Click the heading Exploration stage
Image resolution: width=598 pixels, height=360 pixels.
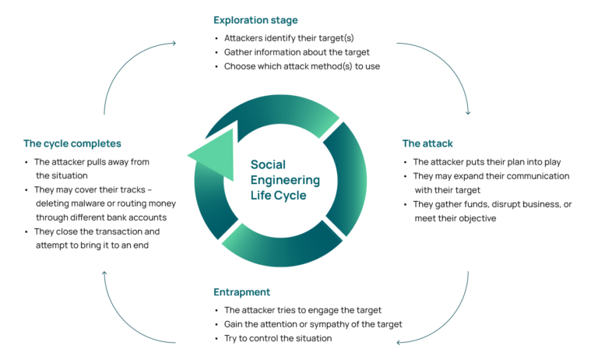pos(255,19)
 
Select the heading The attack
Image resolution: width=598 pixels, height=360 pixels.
pos(427,143)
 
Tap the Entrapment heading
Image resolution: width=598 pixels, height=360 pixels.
pos(242,292)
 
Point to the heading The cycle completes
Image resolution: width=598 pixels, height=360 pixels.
pos(72,143)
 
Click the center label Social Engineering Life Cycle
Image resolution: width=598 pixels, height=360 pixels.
pos(285,179)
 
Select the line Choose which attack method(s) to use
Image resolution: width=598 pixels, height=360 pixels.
pos(301,66)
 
